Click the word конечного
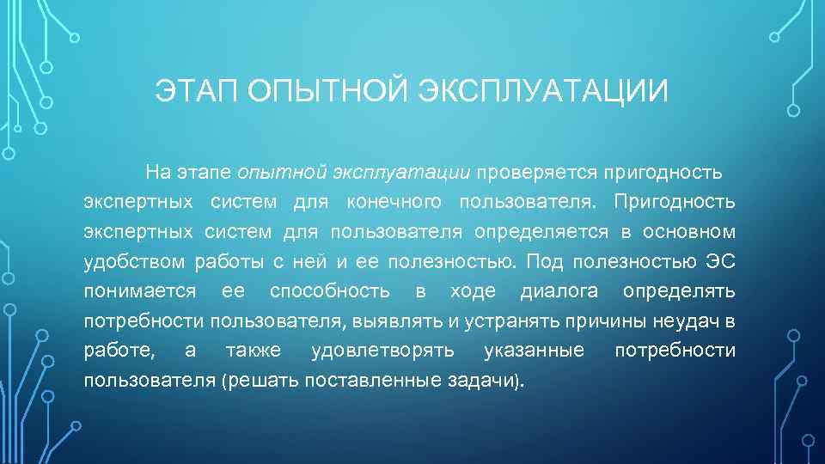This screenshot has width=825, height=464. (394, 202)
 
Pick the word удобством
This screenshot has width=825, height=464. (136, 261)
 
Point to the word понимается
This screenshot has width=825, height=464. (140, 291)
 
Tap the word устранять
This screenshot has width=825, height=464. (500, 321)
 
